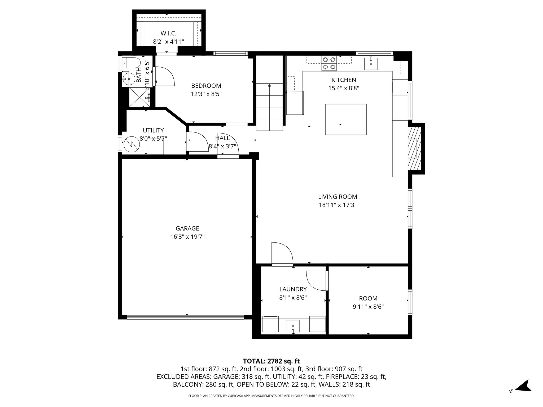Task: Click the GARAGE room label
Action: coord(187,228)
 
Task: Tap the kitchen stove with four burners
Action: coord(329,64)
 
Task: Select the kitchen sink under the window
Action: coord(371,63)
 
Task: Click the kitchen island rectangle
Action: coord(346,119)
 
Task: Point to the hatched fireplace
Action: coord(414,148)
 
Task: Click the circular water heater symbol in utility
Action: coord(131,144)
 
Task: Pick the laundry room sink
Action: coord(293,326)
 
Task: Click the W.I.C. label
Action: coord(168,33)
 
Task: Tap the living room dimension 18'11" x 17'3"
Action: coord(338,205)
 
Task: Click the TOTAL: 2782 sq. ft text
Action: coord(271,361)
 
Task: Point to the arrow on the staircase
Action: coord(269,86)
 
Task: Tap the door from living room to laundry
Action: coord(282,254)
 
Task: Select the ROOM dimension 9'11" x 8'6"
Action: coord(368,307)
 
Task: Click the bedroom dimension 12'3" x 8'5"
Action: coord(206,94)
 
